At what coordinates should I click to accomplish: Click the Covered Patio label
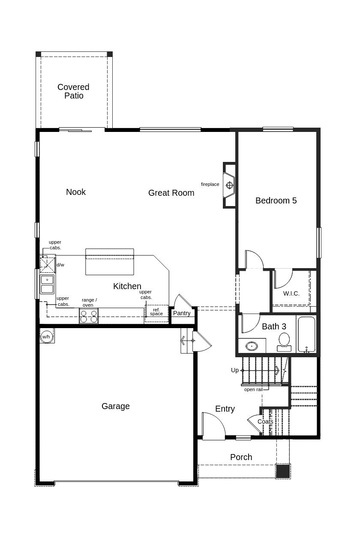[x=74, y=91]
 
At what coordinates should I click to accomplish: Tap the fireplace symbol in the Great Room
[x=229, y=185]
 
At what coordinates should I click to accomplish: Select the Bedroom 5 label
[x=276, y=200]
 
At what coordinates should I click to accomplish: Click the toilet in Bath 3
[x=284, y=342]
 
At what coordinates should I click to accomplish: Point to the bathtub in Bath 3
[x=306, y=334]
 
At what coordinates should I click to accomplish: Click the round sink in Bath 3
[x=252, y=346]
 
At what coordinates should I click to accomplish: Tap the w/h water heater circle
[x=46, y=337]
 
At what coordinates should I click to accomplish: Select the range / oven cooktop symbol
[x=89, y=316]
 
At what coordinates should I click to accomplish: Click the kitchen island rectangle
[x=110, y=262]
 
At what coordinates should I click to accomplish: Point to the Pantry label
[x=182, y=313]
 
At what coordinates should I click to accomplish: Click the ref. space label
[x=156, y=312]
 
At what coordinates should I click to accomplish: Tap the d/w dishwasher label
[x=60, y=265]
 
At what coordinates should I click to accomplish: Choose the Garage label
[x=116, y=406]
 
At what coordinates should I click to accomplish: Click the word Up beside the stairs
[x=235, y=370]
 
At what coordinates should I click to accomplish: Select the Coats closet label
[x=265, y=421]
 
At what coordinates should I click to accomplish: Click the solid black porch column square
[x=283, y=471]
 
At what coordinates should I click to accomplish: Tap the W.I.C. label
[x=291, y=293]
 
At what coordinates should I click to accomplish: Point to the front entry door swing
[x=213, y=426]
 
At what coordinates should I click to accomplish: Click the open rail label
[x=253, y=389]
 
